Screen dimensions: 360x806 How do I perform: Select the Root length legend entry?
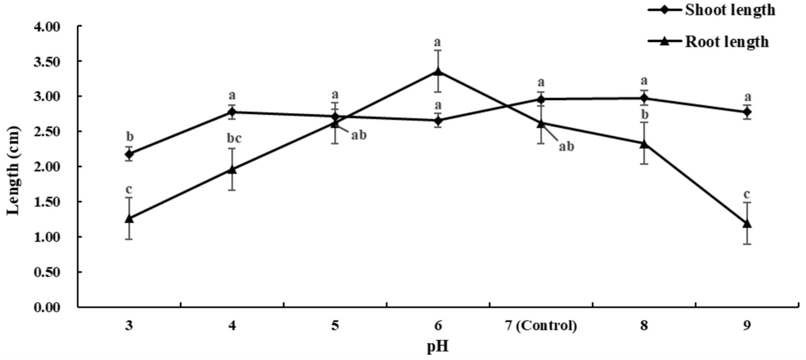pos(727,42)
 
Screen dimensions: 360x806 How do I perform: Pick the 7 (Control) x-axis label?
pos(540,326)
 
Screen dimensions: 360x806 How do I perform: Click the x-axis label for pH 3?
pos(129,326)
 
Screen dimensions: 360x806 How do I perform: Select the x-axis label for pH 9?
pos(747,326)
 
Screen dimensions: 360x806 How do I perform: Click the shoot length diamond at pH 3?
pos(129,154)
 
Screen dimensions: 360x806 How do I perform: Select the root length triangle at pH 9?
pos(747,224)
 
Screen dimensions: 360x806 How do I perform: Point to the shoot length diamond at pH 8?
pos(644,98)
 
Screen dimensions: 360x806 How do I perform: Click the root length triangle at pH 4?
pos(232,169)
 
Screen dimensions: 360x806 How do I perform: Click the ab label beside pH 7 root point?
pos(566,146)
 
